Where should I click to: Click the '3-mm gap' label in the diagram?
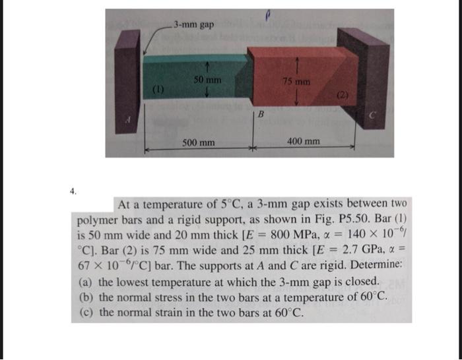[x=194, y=25]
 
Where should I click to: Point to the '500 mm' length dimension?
[x=199, y=142]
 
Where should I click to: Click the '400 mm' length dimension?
[x=304, y=142]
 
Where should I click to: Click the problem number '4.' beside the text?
[x=73, y=192]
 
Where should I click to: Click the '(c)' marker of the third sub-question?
[x=86, y=313]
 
